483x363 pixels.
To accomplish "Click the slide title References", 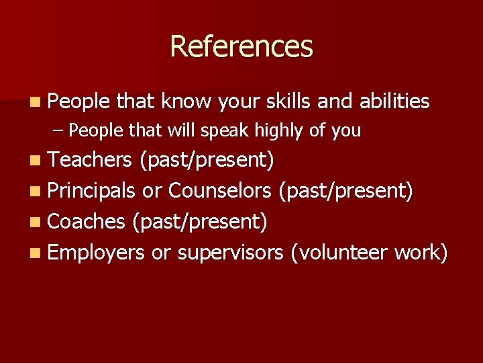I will pyautogui.click(x=241, y=46).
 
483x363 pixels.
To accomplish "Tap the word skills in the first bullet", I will pyautogui.click(x=288, y=102).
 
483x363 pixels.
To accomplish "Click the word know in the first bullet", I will pyautogui.click(x=186, y=102).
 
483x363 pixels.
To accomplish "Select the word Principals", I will pyautogui.click(x=93, y=191).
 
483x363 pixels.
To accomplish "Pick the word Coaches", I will pyautogui.click(x=87, y=222).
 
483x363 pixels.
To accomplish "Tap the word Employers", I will pyautogui.click(x=96, y=253).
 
